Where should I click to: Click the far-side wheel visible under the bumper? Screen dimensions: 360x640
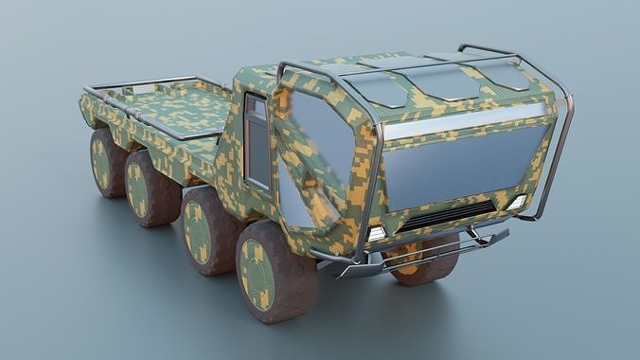[426, 262]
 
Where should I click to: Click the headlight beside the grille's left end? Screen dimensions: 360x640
[376, 234]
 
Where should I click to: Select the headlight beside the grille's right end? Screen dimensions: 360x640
[517, 203]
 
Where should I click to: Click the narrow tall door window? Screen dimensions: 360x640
[257, 143]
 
